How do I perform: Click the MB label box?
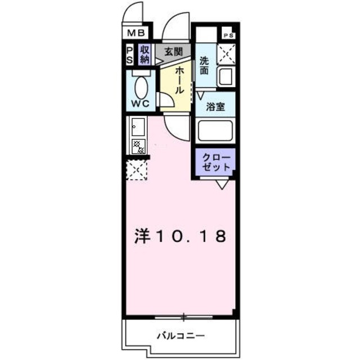point(136,34)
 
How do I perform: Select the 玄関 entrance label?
point(173,52)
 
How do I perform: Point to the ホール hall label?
point(179,80)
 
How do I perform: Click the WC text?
point(139,103)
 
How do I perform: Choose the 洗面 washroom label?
point(204,66)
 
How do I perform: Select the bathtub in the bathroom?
point(215,130)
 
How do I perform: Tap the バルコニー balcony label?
point(181,336)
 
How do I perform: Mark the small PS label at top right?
point(228,35)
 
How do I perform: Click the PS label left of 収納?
point(129,55)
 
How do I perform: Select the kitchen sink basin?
point(138,127)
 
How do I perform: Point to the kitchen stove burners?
point(138,146)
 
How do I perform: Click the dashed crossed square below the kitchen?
point(136,169)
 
